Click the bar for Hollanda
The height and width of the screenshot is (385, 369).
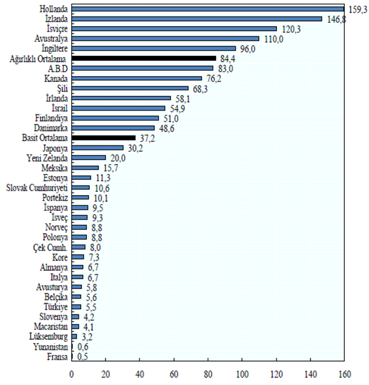[x=208, y=9]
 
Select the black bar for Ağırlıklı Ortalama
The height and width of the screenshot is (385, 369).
[x=144, y=58]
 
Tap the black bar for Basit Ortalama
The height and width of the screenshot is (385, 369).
[x=104, y=138]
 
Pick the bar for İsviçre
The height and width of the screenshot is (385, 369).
[x=174, y=29]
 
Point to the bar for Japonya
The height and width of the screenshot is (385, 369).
[x=98, y=147]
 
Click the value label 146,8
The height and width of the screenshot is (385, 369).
[x=337, y=19]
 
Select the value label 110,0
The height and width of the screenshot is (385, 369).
[x=274, y=39]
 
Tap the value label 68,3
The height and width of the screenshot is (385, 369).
[x=200, y=89]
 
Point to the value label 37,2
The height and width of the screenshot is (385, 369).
[x=147, y=138]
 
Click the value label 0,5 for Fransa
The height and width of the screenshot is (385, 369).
[x=83, y=356]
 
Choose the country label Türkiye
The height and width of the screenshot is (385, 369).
[x=56, y=307]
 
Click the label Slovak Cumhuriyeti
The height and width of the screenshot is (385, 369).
[x=37, y=188]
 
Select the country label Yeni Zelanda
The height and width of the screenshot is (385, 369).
[x=47, y=158]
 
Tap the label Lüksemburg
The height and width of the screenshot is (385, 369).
[x=49, y=336]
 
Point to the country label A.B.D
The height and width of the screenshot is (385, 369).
[x=58, y=69]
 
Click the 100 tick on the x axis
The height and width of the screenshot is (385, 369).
[x=242, y=374]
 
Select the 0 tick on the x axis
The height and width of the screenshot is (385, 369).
[x=71, y=374]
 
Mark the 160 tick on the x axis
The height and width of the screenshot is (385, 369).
[x=345, y=374]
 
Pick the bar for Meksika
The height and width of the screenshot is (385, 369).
[x=86, y=168]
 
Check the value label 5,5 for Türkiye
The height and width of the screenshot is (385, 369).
[x=91, y=307]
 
